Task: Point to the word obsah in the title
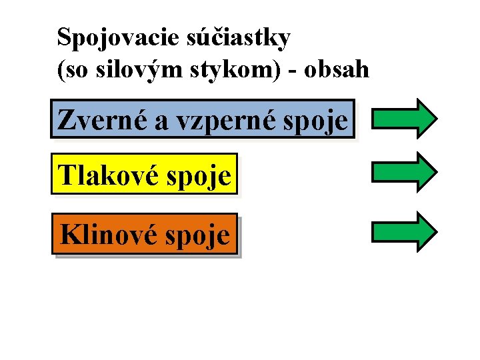click(x=337, y=69)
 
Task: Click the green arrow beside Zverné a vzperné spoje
click(x=404, y=119)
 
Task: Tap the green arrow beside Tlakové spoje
click(x=404, y=172)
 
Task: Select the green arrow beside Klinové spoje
click(x=404, y=231)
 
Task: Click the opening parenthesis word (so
click(x=72, y=70)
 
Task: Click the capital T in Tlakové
click(x=67, y=176)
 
